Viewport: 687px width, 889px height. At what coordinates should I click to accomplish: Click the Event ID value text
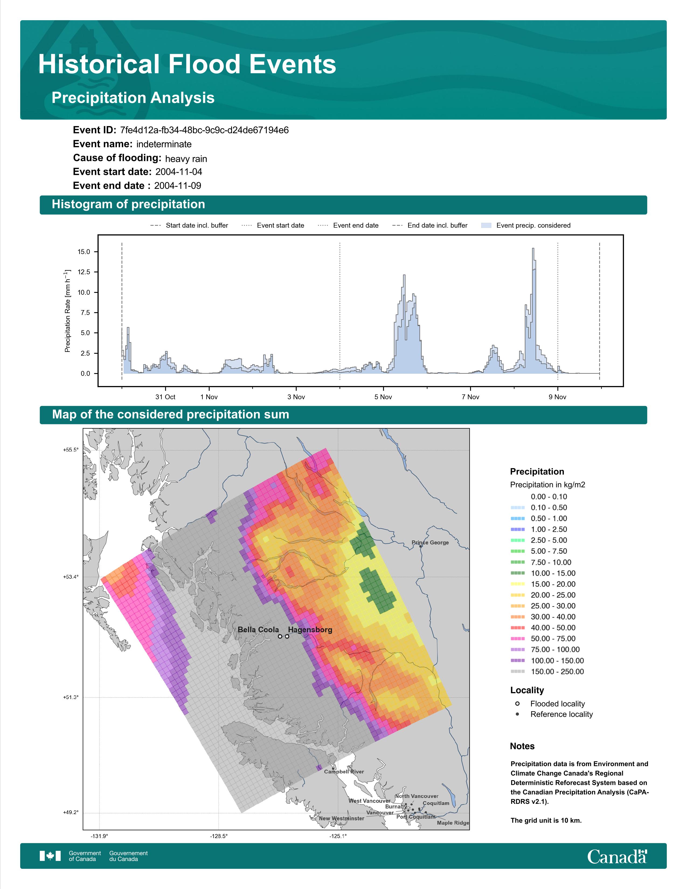pos(204,130)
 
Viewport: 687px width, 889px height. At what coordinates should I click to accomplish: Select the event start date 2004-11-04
pos(179,172)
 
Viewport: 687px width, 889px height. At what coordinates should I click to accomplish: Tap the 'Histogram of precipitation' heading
pos(128,204)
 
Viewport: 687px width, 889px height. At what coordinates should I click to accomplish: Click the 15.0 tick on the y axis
pos(84,252)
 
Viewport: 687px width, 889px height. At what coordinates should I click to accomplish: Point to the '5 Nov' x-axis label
pos(383,397)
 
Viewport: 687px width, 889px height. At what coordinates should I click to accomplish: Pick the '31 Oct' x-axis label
pos(165,397)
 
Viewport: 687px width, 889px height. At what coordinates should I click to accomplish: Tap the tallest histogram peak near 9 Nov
pos(533,249)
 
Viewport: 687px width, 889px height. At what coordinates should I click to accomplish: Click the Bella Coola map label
pos(258,630)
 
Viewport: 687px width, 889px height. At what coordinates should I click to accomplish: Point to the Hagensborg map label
pos(310,630)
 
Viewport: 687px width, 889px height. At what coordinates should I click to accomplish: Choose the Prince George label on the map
pos(430,543)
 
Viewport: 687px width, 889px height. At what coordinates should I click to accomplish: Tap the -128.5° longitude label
pos(219,836)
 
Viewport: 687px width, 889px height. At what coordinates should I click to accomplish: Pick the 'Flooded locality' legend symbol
pos(517,703)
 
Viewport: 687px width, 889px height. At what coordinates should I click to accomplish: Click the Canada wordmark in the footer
pos(617,856)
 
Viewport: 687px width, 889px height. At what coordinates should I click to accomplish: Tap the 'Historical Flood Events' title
pos(187,64)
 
